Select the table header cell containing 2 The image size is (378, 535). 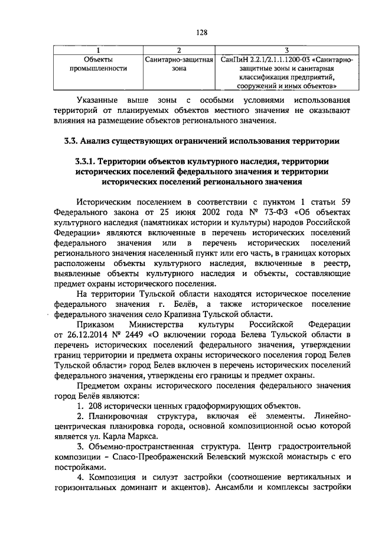pyautogui.click(x=178, y=50)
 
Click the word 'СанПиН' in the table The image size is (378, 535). pyautogui.click(x=232, y=60)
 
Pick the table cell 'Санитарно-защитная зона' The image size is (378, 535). pyautogui.click(x=178, y=64)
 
